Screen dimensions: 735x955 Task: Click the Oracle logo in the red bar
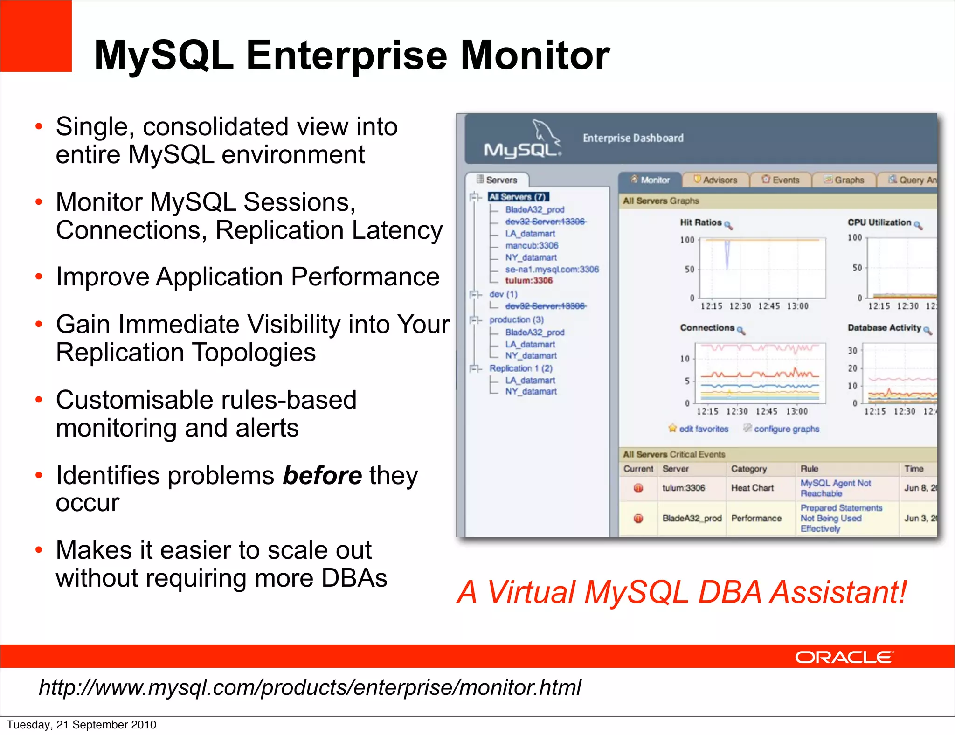(x=844, y=657)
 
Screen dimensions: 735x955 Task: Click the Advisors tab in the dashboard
(x=716, y=180)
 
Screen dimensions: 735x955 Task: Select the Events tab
(x=781, y=180)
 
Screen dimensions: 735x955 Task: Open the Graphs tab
(x=844, y=180)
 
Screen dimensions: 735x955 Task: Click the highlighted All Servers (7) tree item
(x=518, y=197)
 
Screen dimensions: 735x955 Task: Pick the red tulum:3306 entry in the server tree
(x=529, y=280)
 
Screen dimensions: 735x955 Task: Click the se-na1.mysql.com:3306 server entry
(x=552, y=269)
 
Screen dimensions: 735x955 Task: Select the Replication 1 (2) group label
(x=520, y=368)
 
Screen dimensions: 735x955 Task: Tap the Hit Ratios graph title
(x=700, y=222)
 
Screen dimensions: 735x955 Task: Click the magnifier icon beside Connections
(x=741, y=331)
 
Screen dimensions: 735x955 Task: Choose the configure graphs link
(x=786, y=429)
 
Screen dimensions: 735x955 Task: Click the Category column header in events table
(x=748, y=469)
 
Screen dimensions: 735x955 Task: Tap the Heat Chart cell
(x=752, y=488)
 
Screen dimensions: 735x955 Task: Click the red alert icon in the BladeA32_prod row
(x=638, y=518)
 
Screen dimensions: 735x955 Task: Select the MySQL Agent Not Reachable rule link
(x=835, y=488)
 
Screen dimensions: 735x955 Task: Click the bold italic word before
(x=322, y=476)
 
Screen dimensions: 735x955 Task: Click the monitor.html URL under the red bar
(x=310, y=687)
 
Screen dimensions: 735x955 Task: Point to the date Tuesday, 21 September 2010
(x=82, y=725)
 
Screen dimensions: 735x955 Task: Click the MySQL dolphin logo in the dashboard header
(x=523, y=139)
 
